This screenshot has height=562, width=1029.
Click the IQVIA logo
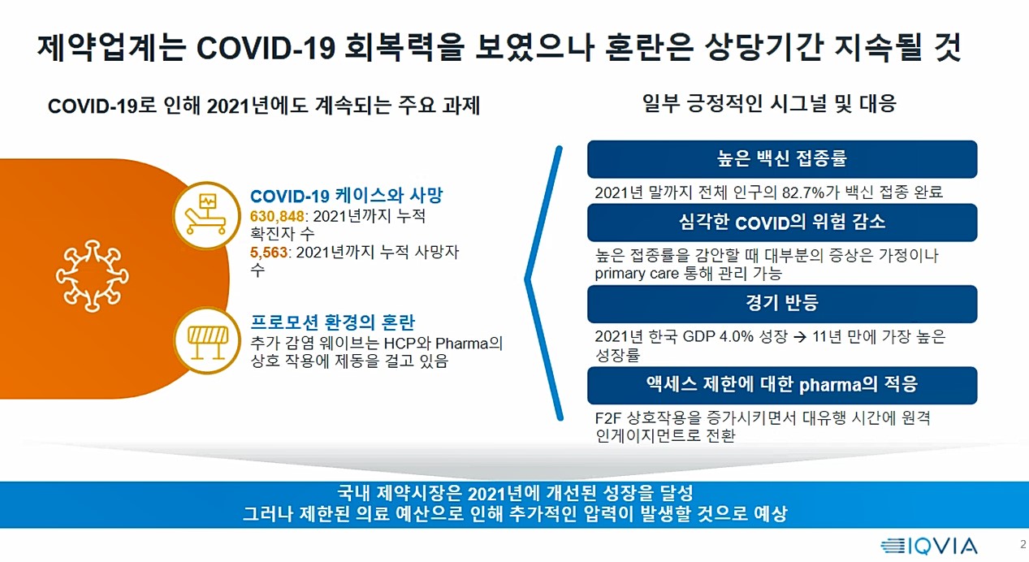click(x=928, y=546)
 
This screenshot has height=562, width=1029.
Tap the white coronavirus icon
click(x=92, y=275)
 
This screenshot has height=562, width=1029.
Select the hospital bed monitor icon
click(x=206, y=215)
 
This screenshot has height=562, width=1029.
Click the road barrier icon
click(x=207, y=340)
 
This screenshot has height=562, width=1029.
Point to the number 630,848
click(x=277, y=216)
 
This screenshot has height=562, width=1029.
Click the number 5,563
click(x=269, y=253)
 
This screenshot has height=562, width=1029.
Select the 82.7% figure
click(x=803, y=192)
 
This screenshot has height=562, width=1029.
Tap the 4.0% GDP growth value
click(x=737, y=336)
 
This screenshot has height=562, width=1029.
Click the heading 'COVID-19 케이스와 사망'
click(x=346, y=195)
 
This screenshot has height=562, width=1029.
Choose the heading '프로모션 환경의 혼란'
click(x=333, y=322)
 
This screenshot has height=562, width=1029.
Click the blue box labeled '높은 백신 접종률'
click(x=782, y=159)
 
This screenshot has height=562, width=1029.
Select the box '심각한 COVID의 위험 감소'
click(x=782, y=223)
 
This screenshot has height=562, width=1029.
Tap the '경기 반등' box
click(x=782, y=304)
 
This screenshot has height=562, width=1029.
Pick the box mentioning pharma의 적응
click(x=782, y=385)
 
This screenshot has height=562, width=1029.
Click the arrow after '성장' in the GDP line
click(x=800, y=337)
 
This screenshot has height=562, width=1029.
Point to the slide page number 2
click(x=1023, y=544)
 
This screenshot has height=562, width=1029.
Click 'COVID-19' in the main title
click(x=266, y=47)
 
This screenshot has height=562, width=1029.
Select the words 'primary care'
click(x=637, y=274)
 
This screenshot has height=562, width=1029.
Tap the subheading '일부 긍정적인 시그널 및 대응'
click(x=769, y=103)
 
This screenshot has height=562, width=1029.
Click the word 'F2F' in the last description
click(x=608, y=418)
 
